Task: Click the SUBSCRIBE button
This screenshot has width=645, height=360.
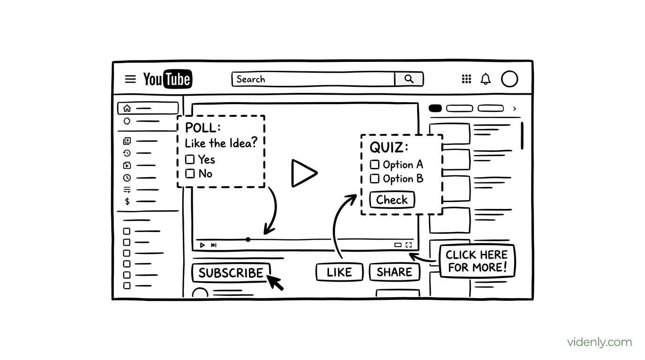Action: (x=231, y=273)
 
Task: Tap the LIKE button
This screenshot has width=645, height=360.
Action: (x=339, y=272)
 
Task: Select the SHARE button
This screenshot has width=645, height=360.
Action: (x=395, y=272)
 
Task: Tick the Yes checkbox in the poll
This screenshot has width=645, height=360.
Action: (x=190, y=159)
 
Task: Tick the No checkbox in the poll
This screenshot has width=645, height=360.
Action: (x=190, y=173)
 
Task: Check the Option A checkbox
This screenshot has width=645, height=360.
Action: (x=375, y=165)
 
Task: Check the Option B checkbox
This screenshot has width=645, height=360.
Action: (x=375, y=179)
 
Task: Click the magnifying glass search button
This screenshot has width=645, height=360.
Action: (x=409, y=79)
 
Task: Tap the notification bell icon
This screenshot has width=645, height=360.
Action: (x=486, y=79)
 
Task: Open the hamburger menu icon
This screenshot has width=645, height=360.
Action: (x=130, y=79)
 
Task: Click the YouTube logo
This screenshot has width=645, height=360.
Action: (x=168, y=79)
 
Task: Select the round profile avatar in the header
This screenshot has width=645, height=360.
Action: (x=510, y=79)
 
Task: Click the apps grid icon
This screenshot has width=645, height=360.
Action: (x=466, y=79)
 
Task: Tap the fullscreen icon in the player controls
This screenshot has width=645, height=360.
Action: (x=409, y=245)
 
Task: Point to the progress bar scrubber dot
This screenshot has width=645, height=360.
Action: (x=248, y=240)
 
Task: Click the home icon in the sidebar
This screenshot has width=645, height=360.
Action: (x=127, y=108)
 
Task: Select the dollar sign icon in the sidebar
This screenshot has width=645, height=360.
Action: (x=127, y=201)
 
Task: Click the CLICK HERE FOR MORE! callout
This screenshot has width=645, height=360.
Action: (x=477, y=261)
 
